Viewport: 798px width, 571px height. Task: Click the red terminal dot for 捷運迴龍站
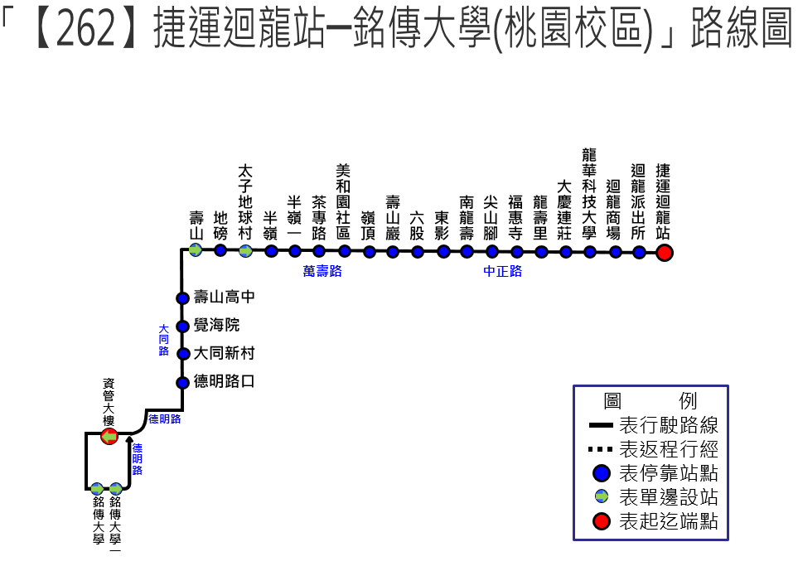(x=664, y=253)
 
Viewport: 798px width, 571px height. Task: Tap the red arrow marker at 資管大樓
(x=109, y=436)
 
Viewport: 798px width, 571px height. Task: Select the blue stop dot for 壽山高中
(x=182, y=298)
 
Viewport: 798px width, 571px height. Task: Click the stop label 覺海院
(x=216, y=325)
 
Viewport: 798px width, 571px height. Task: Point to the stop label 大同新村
(x=224, y=353)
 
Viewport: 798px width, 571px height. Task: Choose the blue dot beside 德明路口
(x=182, y=383)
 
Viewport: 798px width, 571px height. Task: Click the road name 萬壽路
(x=322, y=271)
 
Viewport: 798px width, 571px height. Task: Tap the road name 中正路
(x=503, y=271)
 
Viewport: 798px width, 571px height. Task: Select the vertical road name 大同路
(x=163, y=340)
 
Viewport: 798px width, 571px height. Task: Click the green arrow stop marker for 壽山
(x=196, y=250)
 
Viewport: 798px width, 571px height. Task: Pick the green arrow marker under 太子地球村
(x=246, y=250)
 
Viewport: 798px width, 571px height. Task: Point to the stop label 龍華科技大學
(x=589, y=193)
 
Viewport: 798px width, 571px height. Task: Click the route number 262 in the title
(x=85, y=29)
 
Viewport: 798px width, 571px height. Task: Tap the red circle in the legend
(x=602, y=521)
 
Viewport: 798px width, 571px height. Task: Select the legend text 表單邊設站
(x=668, y=496)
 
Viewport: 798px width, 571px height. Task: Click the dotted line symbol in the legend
(x=600, y=449)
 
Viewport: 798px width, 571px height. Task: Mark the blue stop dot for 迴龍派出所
(x=639, y=252)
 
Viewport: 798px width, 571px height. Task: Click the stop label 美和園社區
(x=343, y=201)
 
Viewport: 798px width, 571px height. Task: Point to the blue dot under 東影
(x=443, y=251)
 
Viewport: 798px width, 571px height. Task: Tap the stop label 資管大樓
(x=109, y=402)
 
